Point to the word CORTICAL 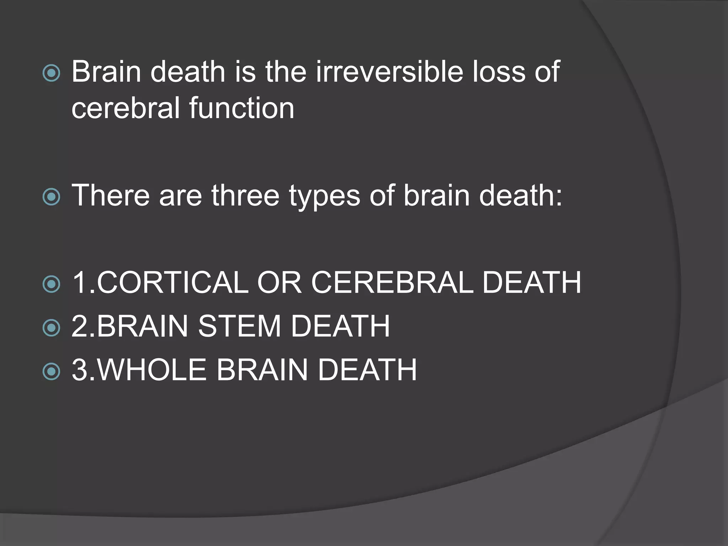point(172,283)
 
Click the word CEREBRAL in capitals point(392,283)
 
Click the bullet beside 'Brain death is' point(51,73)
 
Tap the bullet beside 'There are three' point(51,197)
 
